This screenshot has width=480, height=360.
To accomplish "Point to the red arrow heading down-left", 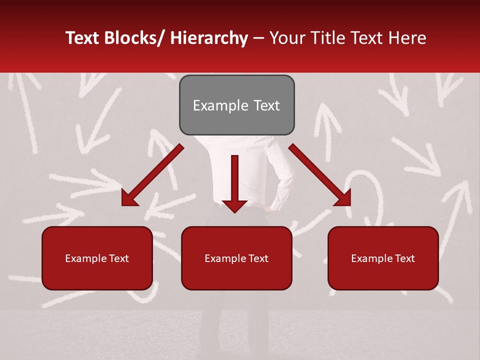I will coord(152,175).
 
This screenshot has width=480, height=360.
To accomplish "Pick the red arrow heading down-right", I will coord(320,175).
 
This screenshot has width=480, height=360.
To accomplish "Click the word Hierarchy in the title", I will coord(209,38).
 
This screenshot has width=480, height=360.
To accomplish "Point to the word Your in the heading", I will coord(287,38).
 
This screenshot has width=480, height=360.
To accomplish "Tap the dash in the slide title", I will coord(258,38).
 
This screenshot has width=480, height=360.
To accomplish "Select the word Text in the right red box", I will coord(404,258).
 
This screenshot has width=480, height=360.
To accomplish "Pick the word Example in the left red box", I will coord(83,258).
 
